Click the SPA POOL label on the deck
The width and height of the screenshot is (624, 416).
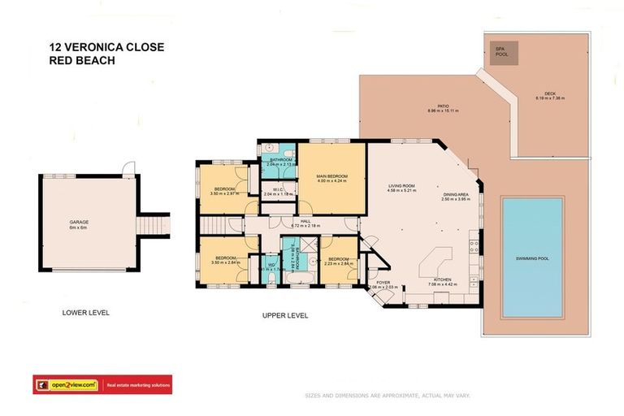[x=500, y=52]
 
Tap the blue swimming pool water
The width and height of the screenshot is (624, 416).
[x=532, y=258]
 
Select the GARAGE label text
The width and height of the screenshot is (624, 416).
[x=79, y=221]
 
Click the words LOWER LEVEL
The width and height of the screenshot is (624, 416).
[x=85, y=312]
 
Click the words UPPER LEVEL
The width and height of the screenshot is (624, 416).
[x=285, y=315]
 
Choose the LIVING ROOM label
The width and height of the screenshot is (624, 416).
[x=401, y=189]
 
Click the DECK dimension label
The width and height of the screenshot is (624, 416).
[x=549, y=97]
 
